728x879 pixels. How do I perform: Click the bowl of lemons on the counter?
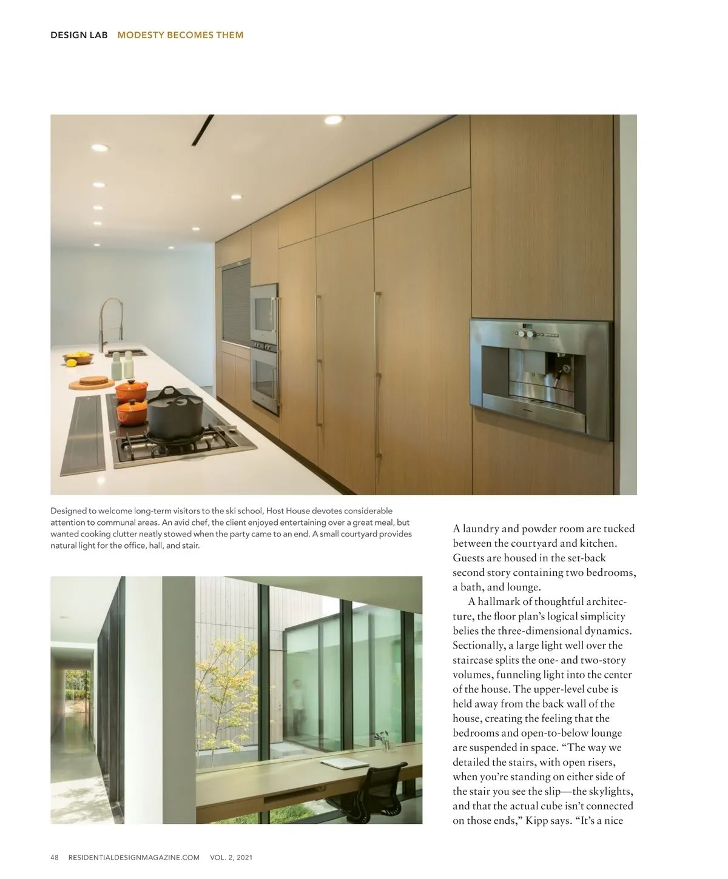click(x=78, y=358)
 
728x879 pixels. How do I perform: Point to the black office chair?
click(x=376, y=788)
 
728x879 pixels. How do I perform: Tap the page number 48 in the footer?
click(x=55, y=857)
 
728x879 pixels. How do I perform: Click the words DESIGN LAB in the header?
click(x=79, y=35)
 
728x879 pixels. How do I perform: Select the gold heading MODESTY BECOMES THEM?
click(x=180, y=35)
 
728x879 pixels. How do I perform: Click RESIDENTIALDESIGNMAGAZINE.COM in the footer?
click(x=134, y=857)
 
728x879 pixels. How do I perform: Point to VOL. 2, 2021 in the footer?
click(x=231, y=857)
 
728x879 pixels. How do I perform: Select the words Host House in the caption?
click(x=288, y=511)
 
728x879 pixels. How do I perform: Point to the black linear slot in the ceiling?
click(x=203, y=130)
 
